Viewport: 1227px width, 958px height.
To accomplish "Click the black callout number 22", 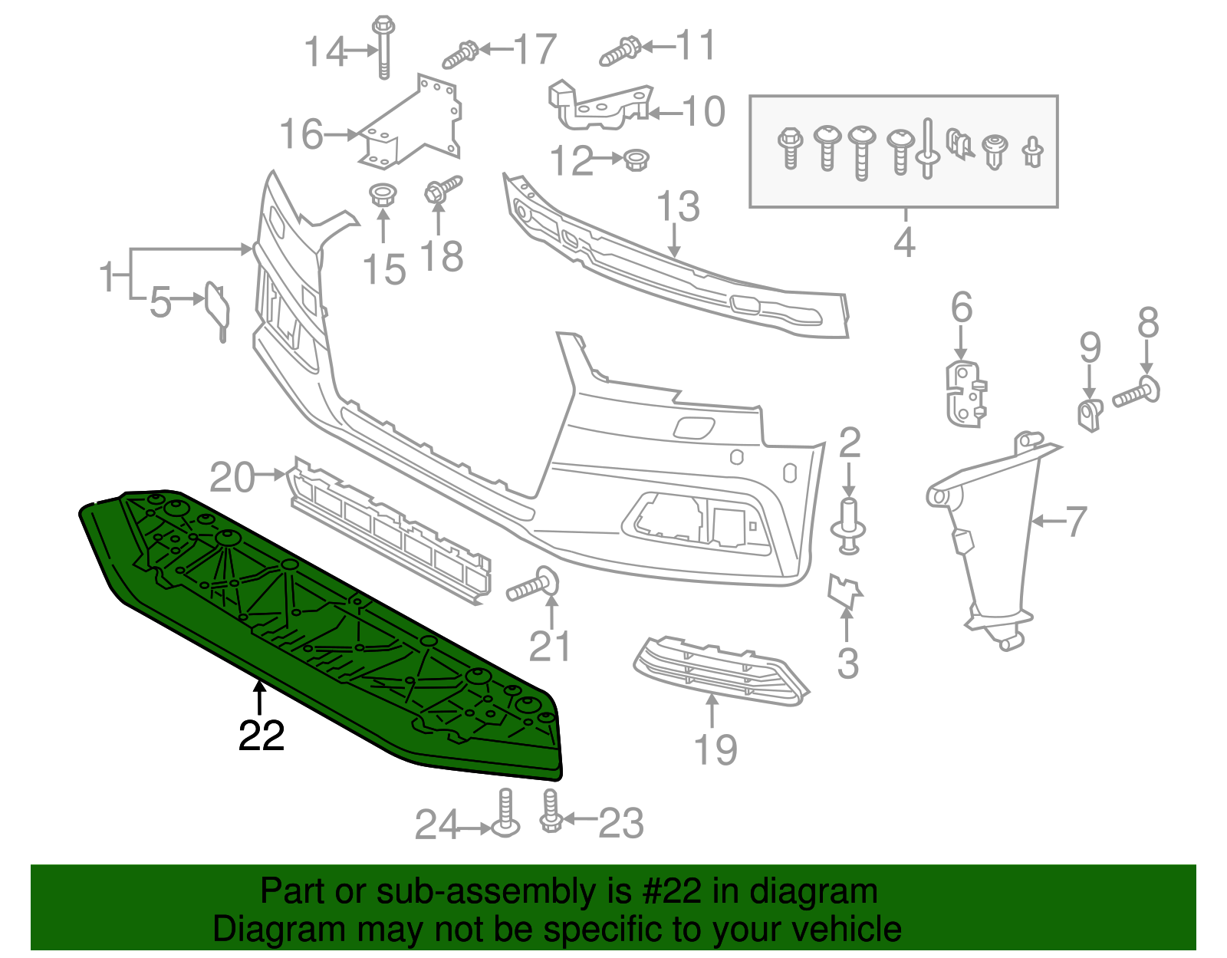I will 262,736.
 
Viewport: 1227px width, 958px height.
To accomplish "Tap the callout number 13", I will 678,206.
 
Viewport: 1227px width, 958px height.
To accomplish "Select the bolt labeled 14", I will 383,48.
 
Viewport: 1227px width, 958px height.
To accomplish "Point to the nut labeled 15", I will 382,193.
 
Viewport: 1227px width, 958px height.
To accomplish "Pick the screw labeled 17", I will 461,54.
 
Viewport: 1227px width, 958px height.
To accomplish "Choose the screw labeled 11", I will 620,51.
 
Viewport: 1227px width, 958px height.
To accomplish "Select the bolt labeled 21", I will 534,585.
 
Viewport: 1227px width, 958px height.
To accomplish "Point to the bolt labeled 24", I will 505,815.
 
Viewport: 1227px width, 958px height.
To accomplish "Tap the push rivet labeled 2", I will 848,525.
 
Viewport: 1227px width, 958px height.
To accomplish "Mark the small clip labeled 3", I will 844,590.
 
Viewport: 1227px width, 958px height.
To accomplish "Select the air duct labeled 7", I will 993,537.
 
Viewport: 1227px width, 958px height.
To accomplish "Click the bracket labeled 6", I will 964,393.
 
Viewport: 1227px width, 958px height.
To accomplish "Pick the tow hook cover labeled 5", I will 216,308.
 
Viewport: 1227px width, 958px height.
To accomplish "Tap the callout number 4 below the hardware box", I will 904,242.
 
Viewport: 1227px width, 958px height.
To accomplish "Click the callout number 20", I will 232,477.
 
